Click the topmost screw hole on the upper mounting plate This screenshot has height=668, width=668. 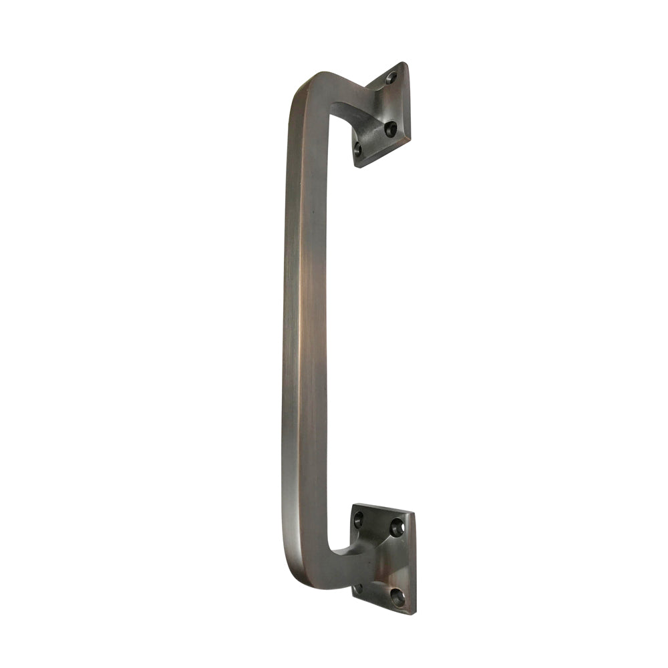391,78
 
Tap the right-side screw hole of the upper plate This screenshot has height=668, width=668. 391,128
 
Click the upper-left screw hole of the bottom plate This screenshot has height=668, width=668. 359,518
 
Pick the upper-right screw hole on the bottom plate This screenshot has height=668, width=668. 397,528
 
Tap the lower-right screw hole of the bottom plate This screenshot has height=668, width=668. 397,597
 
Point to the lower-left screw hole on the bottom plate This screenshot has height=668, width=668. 358,588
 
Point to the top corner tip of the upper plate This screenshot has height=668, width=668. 405,63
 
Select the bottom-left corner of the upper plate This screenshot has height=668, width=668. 356,166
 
